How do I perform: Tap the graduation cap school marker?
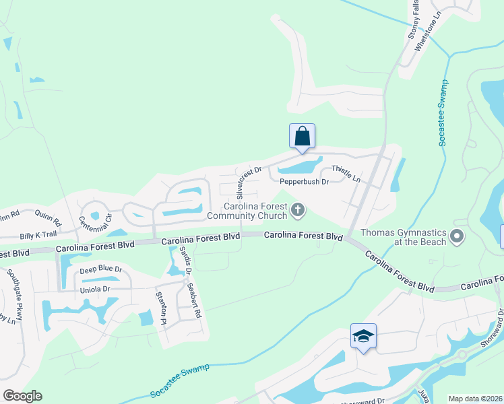tap(363, 335)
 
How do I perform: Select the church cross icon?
tap(297, 211)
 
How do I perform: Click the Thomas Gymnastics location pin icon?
tap(458, 236)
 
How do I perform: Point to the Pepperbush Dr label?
tap(304, 182)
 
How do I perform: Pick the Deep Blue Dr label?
tap(101, 269)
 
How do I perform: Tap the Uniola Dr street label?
tap(94, 289)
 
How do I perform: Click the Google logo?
tap(22, 396)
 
